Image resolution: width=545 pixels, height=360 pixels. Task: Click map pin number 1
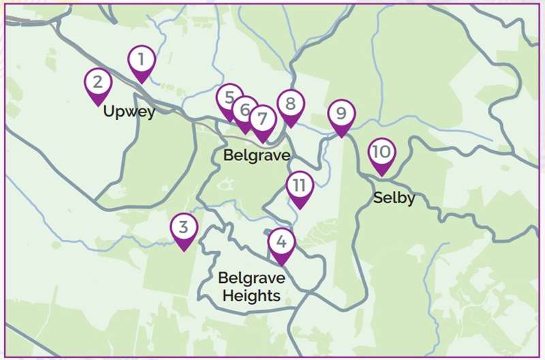tap(141, 60)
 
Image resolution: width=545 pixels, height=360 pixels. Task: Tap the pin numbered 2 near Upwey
tap(98, 83)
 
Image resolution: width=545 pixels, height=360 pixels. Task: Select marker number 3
tap(183, 228)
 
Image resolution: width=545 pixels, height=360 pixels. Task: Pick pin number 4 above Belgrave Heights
tap(281, 241)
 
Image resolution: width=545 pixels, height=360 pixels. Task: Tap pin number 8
tap(290, 104)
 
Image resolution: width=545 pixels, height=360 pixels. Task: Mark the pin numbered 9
tap(341, 113)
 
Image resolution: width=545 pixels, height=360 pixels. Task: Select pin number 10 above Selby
tap(381, 152)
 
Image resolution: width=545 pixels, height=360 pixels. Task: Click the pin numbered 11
tap(299, 185)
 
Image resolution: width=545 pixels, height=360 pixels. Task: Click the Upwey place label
tap(129, 111)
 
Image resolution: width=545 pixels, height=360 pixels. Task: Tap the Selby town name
tap(394, 198)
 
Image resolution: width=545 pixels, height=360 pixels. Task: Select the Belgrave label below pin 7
tap(257, 155)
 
